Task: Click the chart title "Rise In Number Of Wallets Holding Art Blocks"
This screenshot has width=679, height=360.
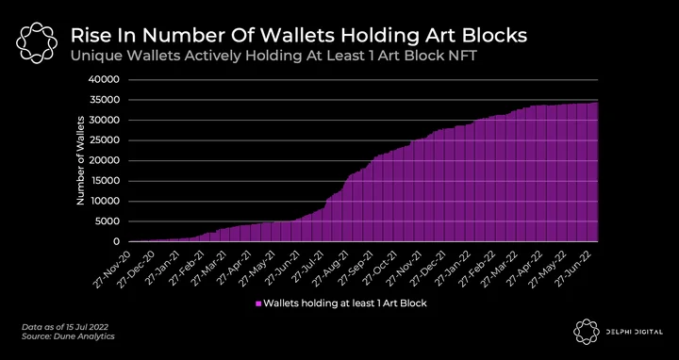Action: point(299,36)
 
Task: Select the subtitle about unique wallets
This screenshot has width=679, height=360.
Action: point(273,57)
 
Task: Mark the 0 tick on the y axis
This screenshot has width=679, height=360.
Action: point(117,242)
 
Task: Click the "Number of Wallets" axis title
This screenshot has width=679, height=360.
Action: point(80,160)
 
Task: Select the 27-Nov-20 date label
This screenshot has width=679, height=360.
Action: point(111,267)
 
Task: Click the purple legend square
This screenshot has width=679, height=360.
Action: point(258,303)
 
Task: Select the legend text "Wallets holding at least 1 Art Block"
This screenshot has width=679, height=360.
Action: point(345,303)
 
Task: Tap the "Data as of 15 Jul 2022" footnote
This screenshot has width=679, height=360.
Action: point(65,327)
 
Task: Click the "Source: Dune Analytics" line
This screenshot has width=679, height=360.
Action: point(68,336)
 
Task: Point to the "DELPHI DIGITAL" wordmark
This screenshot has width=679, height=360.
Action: point(635,332)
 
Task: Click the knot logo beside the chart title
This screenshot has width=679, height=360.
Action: point(37,42)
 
